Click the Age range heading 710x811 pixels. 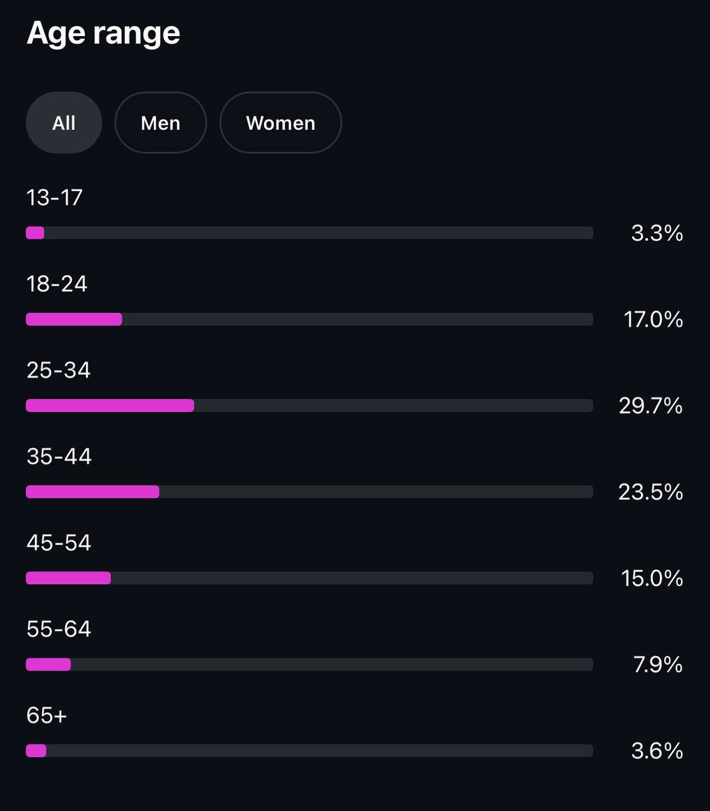click(x=103, y=33)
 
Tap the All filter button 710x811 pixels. click(x=64, y=123)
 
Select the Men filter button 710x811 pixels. click(x=160, y=123)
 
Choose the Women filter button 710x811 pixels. click(x=281, y=123)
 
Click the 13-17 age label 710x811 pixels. click(x=54, y=198)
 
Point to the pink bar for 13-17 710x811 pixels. click(x=35, y=233)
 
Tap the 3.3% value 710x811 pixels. click(x=657, y=233)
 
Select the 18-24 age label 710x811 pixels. click(x=57, y=284)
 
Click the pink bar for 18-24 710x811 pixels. click(x=74, y=319)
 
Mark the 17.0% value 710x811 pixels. click(x=653, y=319)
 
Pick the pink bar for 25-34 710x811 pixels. click(x=110, y=405)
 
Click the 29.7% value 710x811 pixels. click(x=650, y=405)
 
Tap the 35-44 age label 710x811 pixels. click(x=59, y=456)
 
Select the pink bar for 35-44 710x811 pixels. click(x=92, y=492)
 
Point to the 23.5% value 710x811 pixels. click(x=650, y=492)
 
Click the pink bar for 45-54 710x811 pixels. click(x=68, y=578)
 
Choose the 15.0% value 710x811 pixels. click(x=652, y=578)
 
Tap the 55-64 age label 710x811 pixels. click(x=59, y=629)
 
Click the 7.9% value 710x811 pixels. click(x=658, y=664)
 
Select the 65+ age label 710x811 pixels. click(x=47, y=715)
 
